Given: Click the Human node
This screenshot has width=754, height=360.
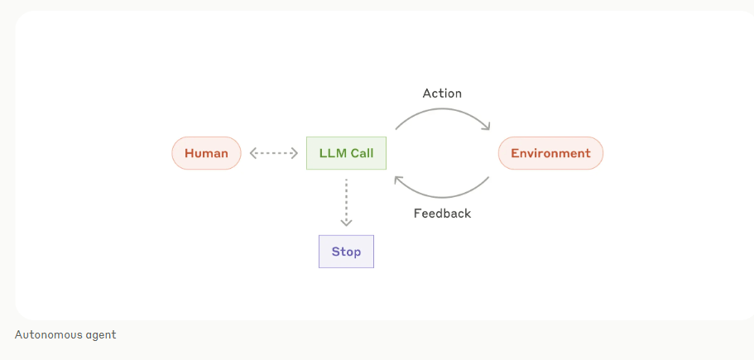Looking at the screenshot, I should [x=206, y=153].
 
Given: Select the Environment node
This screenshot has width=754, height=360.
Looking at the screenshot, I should [x=550, y=153].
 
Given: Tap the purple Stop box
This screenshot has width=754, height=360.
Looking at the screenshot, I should [x=346, y=252].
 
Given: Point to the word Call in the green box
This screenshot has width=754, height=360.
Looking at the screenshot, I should [x=362, y=153].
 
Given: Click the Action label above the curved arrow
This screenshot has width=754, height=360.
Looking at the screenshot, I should [x=442, y=94].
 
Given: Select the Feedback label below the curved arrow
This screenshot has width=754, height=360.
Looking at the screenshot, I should [x=442, y=214].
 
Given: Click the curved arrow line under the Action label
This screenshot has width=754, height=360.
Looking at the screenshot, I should [x=442, y=110].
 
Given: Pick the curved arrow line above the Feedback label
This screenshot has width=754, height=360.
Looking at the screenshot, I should [x=442, y=197].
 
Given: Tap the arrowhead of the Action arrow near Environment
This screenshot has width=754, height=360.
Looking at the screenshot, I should [x=487, y=127].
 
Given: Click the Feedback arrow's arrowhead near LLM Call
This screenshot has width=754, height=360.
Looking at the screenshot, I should [x=398, y=180].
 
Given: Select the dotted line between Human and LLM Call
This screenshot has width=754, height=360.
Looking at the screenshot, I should [x=274, y=153].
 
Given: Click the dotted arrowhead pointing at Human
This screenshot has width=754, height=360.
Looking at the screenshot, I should [x=252, y=153].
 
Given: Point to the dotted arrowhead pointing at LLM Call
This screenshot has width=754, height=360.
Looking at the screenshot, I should [x=295, y=153].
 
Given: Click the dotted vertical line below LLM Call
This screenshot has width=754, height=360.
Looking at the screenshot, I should [x=346, y=199].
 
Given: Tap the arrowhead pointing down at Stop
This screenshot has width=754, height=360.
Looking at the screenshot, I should [x=346, y=223].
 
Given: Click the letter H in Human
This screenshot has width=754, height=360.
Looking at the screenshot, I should [x=189, y=153].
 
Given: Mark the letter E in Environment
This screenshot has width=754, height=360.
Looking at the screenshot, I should [x=515, y=153].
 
